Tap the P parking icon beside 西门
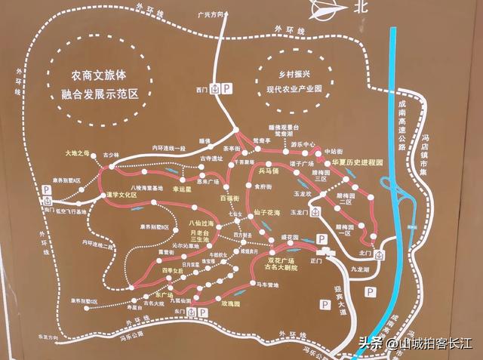[229, 89]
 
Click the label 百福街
[229, 198]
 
